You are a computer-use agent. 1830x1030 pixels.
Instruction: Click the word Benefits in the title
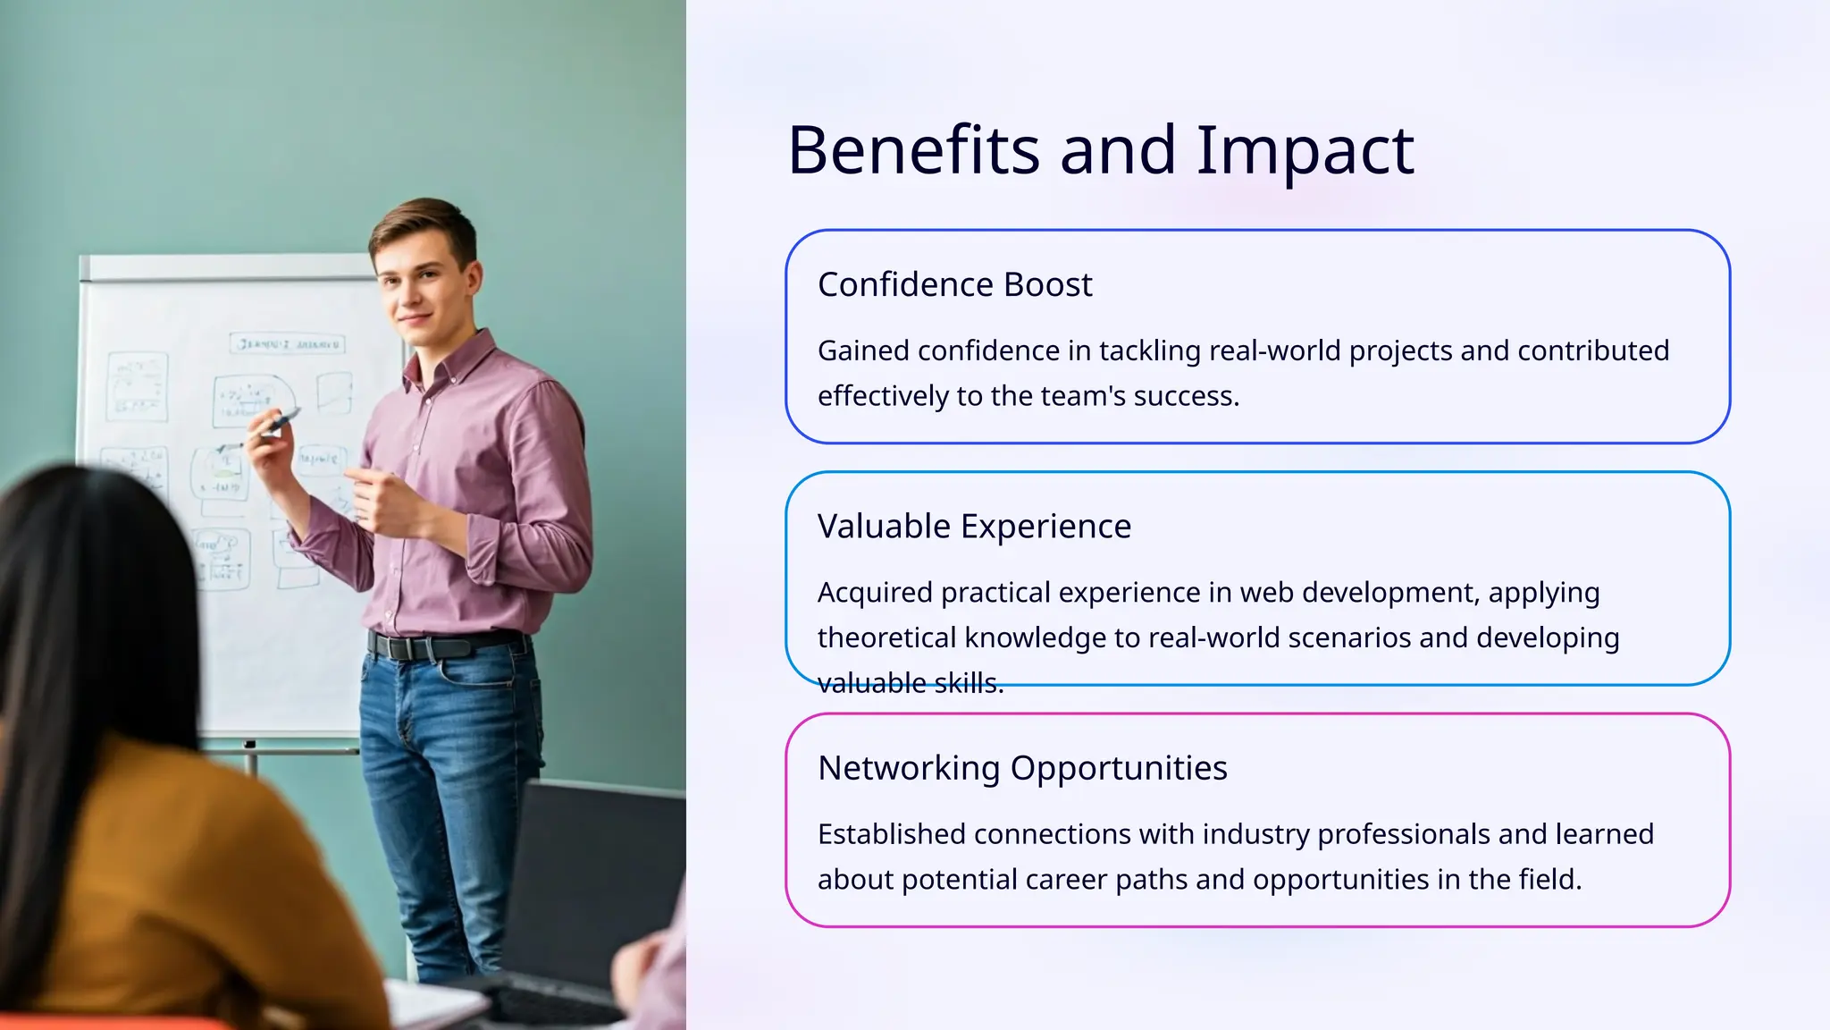[913, 150]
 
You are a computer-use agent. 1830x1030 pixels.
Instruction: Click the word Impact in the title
[1305, 150]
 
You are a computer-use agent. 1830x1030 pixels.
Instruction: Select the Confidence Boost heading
[954, 284]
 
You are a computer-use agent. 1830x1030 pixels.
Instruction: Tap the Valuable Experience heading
[974, 526]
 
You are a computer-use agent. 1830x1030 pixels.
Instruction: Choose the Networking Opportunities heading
[1022, 768]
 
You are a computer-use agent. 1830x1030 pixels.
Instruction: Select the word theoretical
[886, 637]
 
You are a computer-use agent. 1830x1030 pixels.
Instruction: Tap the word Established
[891, 834]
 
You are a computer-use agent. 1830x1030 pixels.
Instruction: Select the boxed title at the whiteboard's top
[288, 343]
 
